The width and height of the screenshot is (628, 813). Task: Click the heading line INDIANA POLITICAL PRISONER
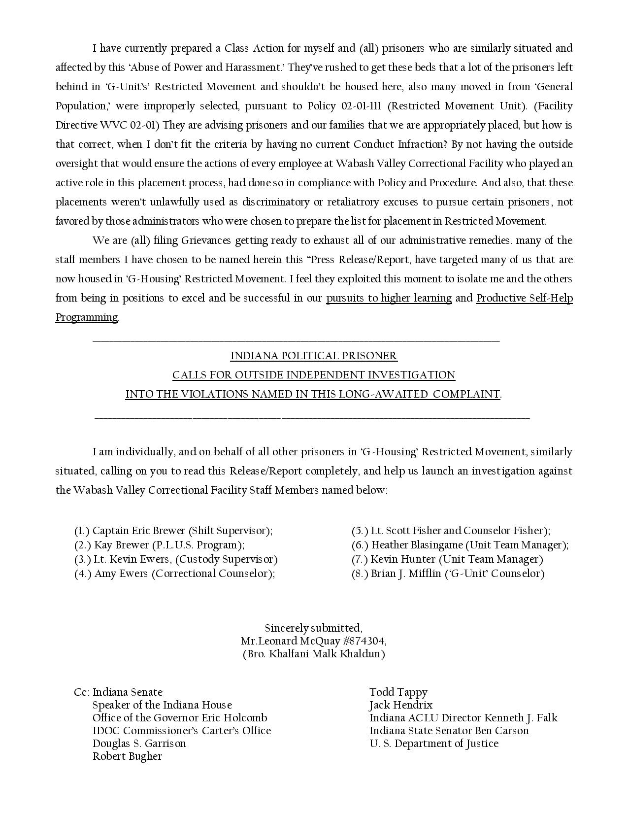point(314,356)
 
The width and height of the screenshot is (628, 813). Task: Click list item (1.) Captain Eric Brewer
point(173,531)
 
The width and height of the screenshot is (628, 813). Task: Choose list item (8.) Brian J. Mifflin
point(448,574)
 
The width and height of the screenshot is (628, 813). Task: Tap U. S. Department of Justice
point(434,744)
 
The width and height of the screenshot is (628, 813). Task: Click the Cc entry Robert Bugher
point(127,756)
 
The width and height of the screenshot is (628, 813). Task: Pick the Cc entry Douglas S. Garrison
point(139,744)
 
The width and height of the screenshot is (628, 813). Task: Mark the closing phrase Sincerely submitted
point(314,628)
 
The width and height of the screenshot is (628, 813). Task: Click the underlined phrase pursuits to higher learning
point(389,298)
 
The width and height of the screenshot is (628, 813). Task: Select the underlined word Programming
point(86,317)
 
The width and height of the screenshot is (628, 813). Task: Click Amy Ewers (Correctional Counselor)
point(174,574)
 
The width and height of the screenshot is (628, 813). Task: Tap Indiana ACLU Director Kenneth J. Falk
point(463,718)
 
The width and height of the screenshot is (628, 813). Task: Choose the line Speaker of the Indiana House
point(162,705)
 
